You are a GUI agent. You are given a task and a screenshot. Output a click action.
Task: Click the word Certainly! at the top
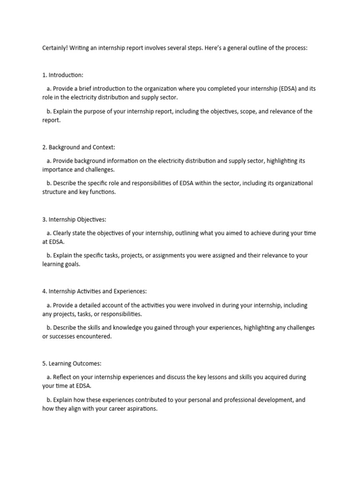55,48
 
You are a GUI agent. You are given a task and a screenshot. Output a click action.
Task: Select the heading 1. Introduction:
63,75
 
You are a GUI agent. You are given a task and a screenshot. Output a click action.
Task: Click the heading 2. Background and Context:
78,147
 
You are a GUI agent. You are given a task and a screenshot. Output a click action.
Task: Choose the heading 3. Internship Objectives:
73,219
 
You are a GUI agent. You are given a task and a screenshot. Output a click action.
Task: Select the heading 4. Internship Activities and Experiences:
95,291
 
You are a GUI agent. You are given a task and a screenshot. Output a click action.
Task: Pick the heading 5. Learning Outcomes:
72,363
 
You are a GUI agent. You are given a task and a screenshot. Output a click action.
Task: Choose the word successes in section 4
64,337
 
